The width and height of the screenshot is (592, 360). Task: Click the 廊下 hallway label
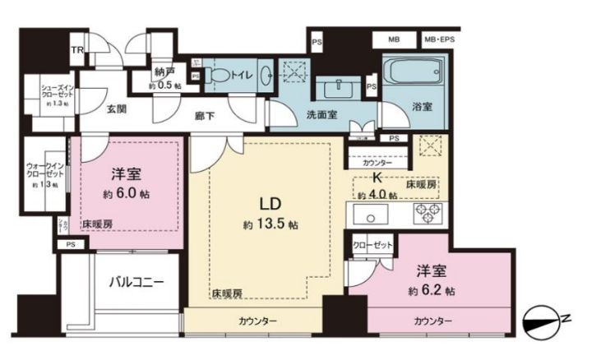tap(206, 117)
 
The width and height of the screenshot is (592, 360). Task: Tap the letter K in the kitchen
tap(377, 178)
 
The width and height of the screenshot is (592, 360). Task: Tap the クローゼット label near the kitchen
tap(372, 246)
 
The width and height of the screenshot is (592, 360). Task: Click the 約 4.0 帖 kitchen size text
tap(372, 195)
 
